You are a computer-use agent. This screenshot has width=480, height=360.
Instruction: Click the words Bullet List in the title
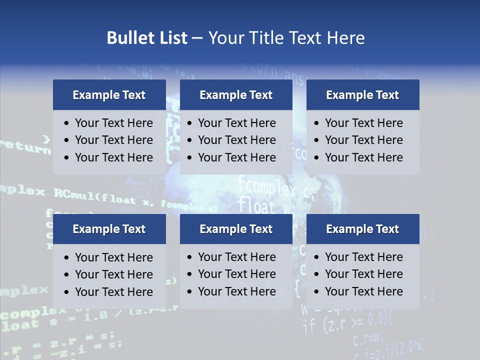[146, 38]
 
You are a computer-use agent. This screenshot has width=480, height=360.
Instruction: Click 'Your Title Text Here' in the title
[286, 38]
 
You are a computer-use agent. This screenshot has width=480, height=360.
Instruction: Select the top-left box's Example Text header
[109, 95]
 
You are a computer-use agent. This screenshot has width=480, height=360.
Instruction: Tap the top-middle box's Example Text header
[236, 95]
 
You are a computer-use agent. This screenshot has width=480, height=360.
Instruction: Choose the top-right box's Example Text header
[362, 95]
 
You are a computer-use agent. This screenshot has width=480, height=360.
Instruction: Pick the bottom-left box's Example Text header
[109, 229]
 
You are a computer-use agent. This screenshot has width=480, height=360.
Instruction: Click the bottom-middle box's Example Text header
[236, 229]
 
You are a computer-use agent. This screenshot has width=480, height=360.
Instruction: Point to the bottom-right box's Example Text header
[362, 229]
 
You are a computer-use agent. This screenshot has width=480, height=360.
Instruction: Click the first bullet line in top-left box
[113, 123]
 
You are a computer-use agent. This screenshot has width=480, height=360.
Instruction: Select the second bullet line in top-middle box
[236, 140]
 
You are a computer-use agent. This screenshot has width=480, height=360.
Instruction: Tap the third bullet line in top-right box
[363, 157]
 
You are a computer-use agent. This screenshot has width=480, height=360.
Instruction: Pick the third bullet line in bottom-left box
[113, 291]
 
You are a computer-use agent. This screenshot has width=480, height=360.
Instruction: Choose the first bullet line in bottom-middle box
[236, 257]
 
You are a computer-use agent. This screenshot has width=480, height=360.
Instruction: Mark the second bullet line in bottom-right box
[363, 274]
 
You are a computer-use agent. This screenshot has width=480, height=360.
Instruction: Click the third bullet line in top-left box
[113, 157]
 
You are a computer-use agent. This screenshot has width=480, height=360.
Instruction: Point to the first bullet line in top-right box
[363, 123]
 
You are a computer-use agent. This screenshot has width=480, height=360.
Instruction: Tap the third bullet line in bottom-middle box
[236, 291]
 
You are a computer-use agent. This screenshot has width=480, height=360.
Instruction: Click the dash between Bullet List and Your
[197, 38]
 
